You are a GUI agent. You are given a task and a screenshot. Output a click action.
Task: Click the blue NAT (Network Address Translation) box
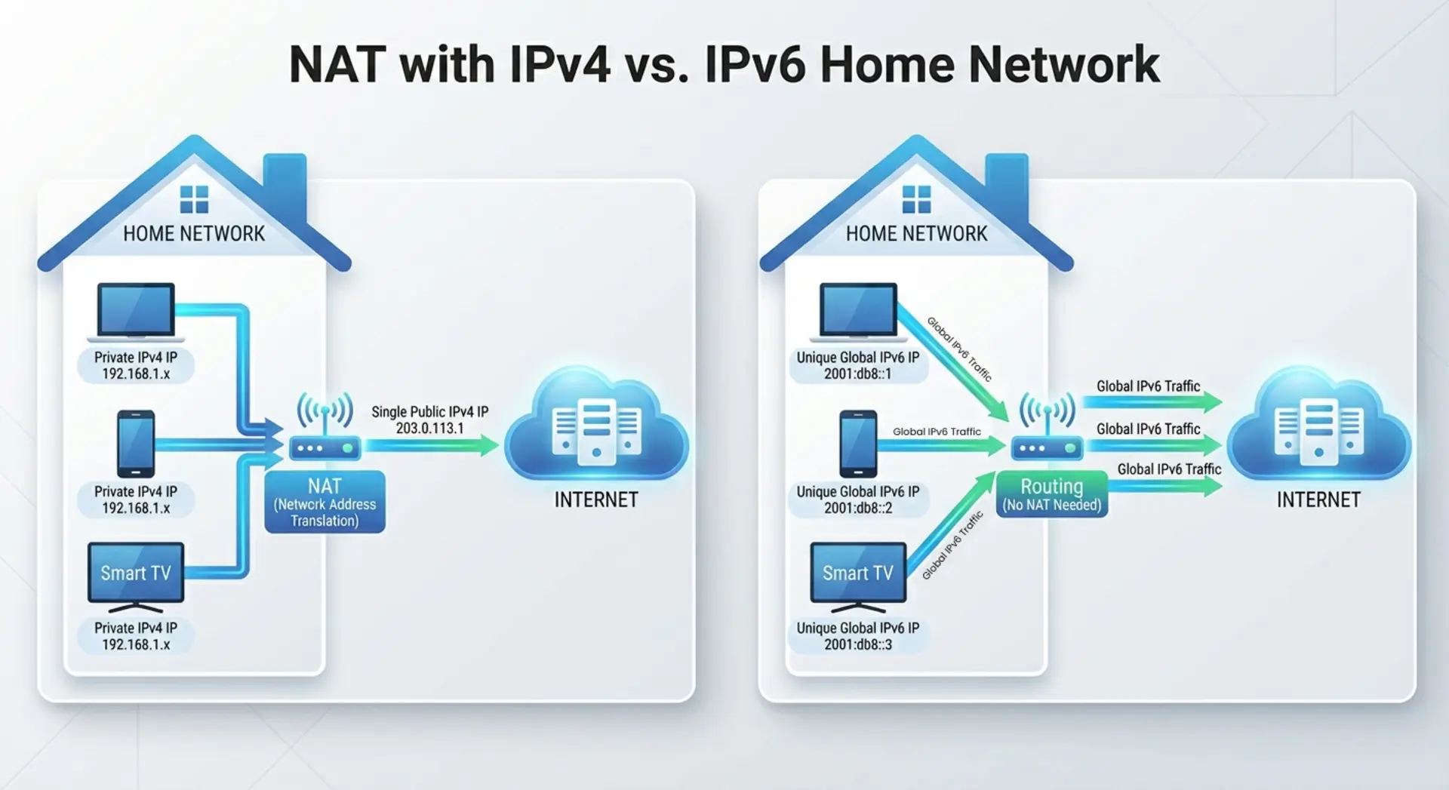point(325,503)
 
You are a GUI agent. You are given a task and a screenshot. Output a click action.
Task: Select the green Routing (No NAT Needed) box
point(1051,495)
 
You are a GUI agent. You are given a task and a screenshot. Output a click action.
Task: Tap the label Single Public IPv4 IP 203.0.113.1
point(429,420)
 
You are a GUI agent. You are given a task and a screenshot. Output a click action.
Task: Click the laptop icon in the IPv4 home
point(136,311)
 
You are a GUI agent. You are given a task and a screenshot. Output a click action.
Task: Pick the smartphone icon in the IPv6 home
point(858,444)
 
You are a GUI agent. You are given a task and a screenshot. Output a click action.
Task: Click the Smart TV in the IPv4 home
point(136,575)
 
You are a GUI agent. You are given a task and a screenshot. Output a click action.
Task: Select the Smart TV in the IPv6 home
point(858,575)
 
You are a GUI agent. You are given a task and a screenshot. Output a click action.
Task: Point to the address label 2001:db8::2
point(858,508)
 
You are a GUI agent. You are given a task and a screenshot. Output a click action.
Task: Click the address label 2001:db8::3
point(858,644)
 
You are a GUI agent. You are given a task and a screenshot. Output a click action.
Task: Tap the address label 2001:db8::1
point(858,373)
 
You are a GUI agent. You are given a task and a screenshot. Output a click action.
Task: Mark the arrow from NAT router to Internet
point(430,445)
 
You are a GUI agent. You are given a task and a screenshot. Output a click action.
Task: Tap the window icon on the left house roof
point(194,200)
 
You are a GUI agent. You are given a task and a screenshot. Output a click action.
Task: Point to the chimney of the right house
point(1007,181)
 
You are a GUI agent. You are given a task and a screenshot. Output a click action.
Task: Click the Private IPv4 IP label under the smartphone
point(136,500)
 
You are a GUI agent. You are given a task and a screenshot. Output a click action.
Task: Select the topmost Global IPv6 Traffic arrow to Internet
point(1151,402)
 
